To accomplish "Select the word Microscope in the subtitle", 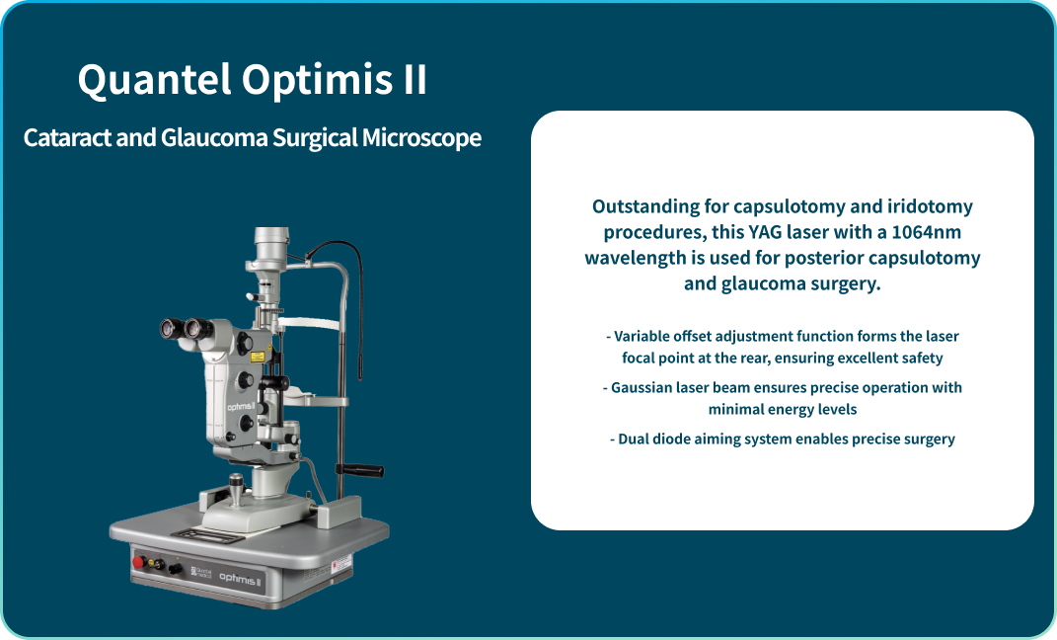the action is (421, 138).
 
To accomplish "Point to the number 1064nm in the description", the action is (926, 232).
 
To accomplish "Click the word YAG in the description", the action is (765, 232).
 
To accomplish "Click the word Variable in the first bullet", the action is (642, 336).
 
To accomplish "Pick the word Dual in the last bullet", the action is (633, 440).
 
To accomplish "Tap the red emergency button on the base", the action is (139, 561).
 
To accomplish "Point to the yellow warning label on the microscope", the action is (257, 357).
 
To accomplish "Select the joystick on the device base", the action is (236, 489).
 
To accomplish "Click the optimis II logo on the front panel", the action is (240, 579).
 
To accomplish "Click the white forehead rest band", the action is (309, 323).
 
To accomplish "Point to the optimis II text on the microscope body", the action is (242, 407).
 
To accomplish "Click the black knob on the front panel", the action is (176, 569).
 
